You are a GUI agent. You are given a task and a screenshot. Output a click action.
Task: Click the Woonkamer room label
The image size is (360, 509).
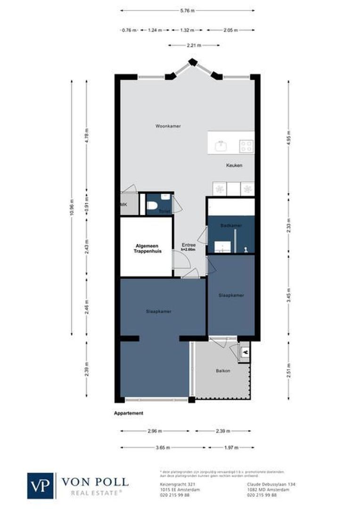click(x=168, y=126)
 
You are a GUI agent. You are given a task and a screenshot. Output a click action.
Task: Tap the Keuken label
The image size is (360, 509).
click(x=234, y=165)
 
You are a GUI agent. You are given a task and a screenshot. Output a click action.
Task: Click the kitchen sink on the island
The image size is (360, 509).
click(x=221, y=145)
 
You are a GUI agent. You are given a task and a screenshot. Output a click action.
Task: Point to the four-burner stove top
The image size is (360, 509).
click(x=246, y=145)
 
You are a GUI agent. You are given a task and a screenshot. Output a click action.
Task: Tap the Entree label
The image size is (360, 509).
click(x=189, y=246)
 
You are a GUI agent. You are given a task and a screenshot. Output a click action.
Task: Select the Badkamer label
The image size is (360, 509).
click(x=231, y=226)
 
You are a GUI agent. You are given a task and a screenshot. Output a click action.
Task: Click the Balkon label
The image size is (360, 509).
click(x=223, y=371)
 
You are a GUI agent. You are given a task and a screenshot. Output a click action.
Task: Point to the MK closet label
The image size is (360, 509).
click(x=124, y=205)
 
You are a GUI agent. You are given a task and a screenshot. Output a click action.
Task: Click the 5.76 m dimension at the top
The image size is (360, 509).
click(x=187, y=10)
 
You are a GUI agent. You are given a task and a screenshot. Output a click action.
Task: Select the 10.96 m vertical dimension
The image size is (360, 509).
click(x=72, y=208)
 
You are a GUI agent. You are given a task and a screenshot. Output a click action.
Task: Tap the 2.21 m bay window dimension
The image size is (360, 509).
click(x=194, y=46)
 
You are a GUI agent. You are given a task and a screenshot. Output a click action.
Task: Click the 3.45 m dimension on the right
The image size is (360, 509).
click(x=289, y=296)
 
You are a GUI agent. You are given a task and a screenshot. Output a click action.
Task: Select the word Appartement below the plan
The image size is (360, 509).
click(x=128, y=413)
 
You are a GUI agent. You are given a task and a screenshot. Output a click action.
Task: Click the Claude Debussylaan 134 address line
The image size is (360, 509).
click(x=271, y=484)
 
